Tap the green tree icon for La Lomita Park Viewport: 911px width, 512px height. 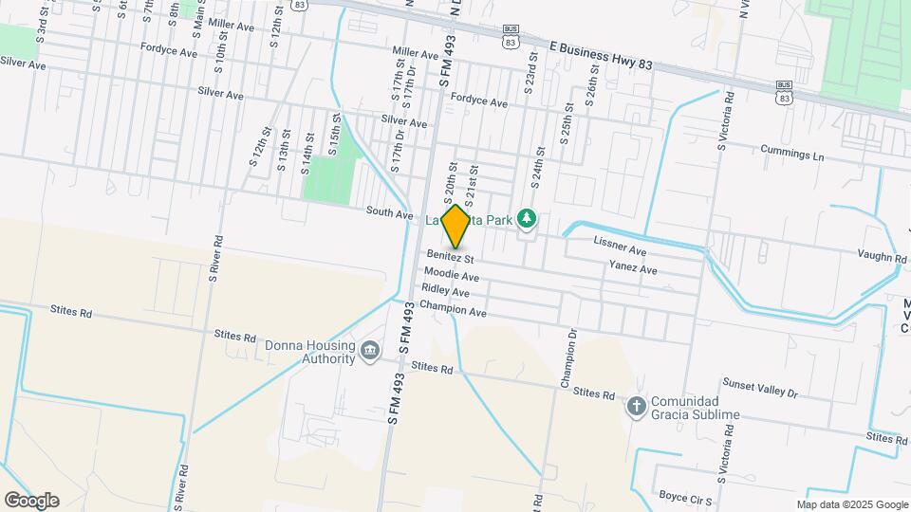[528, 219]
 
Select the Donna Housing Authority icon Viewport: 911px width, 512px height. [369, 353]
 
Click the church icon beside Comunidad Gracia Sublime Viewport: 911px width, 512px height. [636, 408]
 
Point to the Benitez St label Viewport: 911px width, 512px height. [450, 257]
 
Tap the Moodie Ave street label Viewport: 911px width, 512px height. [451, 273]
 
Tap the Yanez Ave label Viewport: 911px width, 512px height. [633, 269]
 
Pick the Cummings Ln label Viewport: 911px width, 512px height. [792, 153]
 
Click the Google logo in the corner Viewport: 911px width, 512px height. [31, 500]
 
